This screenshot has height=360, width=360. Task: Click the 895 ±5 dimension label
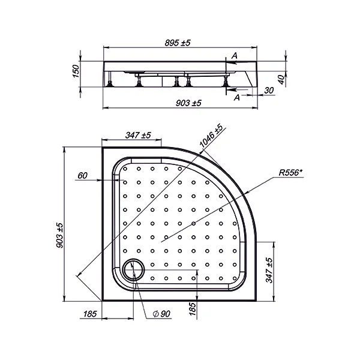coord(178,43)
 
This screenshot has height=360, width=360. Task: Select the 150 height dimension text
coord(76,71)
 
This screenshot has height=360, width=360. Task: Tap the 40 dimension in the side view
coord(281,80)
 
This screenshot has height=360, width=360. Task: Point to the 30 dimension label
coord(269,91)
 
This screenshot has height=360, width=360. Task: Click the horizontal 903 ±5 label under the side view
coord(188,103)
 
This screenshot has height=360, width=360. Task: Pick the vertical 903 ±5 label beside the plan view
coord(59,235)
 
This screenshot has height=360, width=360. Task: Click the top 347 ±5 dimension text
coord(138,135)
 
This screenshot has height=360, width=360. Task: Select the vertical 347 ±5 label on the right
coord(269,270)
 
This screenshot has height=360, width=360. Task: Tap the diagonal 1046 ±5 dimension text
coord(211,136)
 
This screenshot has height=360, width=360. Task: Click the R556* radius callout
coord(290,172)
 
